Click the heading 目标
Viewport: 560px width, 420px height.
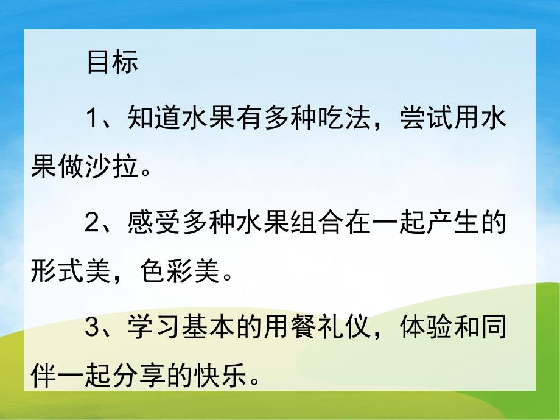click(113, 63)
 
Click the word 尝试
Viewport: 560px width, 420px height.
click(424, 117)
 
